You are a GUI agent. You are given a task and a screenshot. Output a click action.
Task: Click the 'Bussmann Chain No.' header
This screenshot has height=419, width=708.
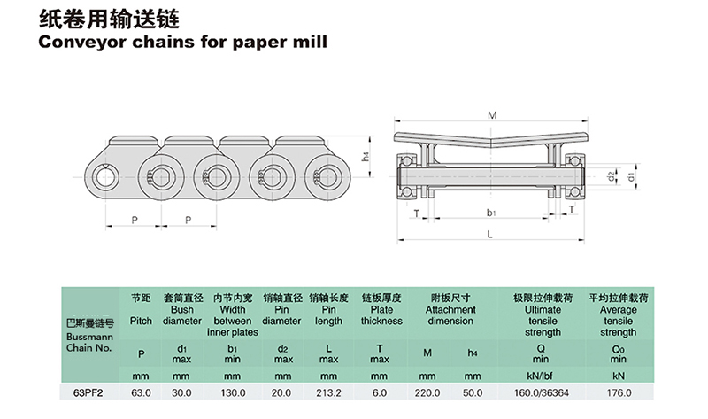(x=85, y=338)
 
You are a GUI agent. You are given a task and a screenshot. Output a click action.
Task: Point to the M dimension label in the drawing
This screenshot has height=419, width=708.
(x=492, y=114)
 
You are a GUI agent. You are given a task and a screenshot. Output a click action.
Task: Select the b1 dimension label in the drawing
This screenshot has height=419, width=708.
(x=491, y=213)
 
